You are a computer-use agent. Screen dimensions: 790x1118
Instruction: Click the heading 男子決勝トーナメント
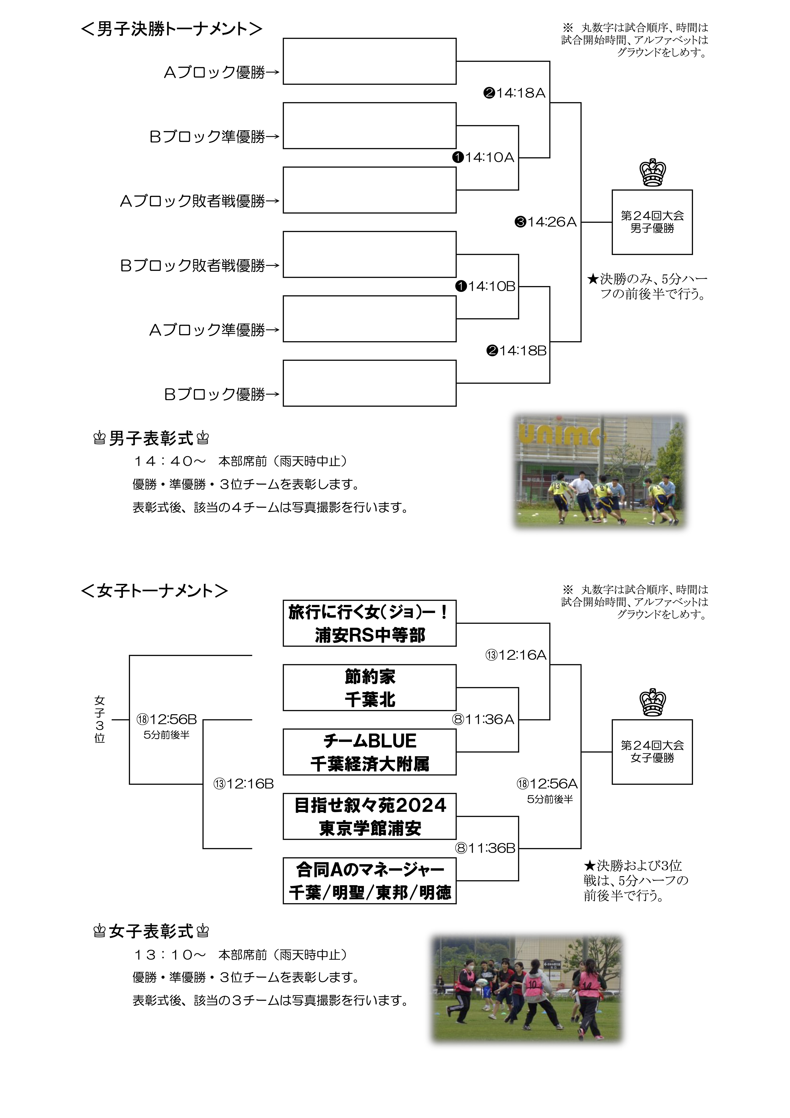[x=171, y=29]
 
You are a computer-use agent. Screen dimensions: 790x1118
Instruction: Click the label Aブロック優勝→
[x=221, y=72]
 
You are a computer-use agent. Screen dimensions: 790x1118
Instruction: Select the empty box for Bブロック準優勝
[x=369, y=126]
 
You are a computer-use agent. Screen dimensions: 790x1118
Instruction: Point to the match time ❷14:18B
[x=516, y=351]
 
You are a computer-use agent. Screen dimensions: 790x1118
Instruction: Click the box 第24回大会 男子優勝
[x=652, y=222]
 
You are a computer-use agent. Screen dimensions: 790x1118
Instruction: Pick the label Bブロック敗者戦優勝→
[x=200, y=266]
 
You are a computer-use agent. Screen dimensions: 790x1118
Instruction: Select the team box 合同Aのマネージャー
[x=369, y=880]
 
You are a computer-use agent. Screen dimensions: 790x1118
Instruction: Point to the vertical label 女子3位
[x=100, y=720]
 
